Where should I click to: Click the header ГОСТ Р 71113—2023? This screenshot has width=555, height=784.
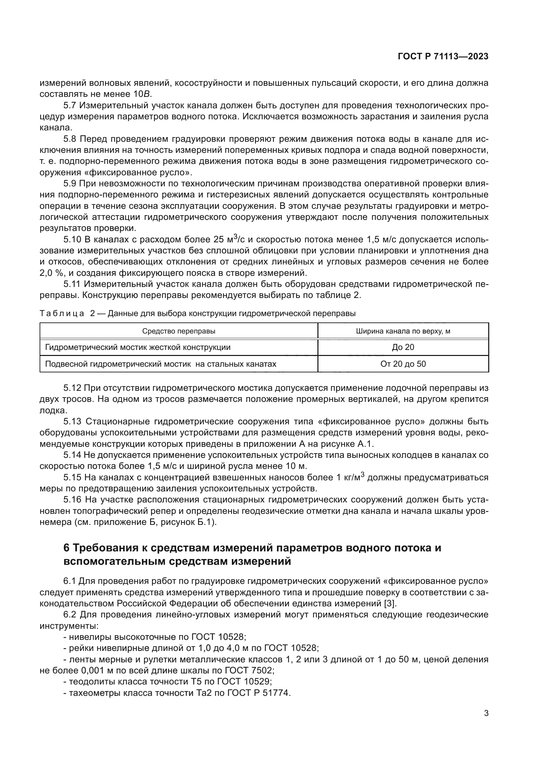pyautogui.click(x=443, y=57)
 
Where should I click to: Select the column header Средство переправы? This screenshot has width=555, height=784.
pyautogui.click(x=179, y=331)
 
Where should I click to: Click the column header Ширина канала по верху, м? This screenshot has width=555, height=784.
pyautogui.click(x=403, y=331)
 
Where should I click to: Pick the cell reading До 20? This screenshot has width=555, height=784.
pyautogui.click(x=403, y=347)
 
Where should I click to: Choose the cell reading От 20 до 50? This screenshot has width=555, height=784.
pyautogui.click(x=403, y=364)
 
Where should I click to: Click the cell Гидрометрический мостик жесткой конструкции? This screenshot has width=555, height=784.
pyautogui.click(x=138, y=347)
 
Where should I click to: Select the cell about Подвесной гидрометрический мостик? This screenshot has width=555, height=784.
pyautogui.click(x=161, y=364)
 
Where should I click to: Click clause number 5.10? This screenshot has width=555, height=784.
pyautogui.click(x=72, y=240)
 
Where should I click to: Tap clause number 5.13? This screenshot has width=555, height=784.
pyautogui.click(x=72, y=421)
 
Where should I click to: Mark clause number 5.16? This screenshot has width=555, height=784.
pyautogui.click(x=72, y=499)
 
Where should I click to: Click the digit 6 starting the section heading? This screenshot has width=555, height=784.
pyautogui.click(x=67, y=548)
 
